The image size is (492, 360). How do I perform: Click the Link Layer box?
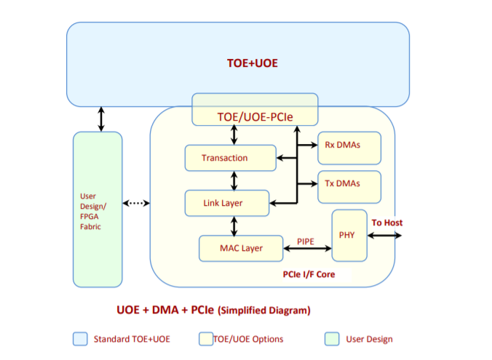tap(226, 203)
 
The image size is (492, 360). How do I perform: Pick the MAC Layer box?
tap(241, 248)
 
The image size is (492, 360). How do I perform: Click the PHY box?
tap(349, 235)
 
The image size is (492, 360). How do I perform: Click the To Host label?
tap(387, 223)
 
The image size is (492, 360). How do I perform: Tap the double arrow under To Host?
tap(384, 235)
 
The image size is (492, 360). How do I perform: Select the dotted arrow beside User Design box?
tap(136, 203)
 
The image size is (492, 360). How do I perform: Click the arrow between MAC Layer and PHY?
tap(308, 249)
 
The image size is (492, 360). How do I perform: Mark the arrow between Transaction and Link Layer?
tap(234, 180)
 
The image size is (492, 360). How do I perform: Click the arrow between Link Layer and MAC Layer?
tap(234, 225)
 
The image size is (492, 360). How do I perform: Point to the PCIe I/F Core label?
tap(309, 275)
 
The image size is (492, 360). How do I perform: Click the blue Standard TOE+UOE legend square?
tap(79, 339)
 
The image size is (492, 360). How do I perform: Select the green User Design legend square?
tap(331, 339)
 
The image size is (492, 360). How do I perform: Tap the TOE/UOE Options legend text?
tap(248, 339)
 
